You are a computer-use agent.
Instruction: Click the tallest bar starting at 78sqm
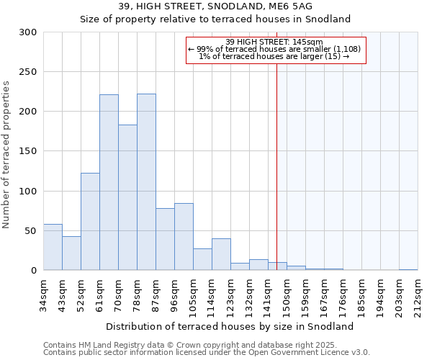tap(146, 182)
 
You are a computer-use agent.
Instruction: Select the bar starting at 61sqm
tap(109, 182)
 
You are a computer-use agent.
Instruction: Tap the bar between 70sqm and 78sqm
tap(127, 197)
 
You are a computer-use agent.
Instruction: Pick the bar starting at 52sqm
tap(90, 222)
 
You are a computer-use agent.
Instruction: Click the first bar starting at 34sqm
tap(53, 247)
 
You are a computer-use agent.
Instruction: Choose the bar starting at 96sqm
tap(184, 237)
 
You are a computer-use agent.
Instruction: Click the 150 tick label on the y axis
tap(28, 151)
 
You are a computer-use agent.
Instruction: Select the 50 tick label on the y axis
tap(31, 231)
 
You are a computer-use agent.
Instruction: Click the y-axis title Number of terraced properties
tap(7, 155)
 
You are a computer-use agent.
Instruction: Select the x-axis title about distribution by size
tap(235, 326)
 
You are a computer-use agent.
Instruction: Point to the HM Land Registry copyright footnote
tap(206, 345)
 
